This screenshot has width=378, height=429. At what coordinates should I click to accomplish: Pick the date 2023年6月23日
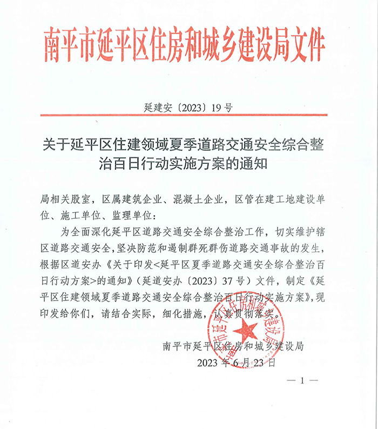[x=238, y=361]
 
